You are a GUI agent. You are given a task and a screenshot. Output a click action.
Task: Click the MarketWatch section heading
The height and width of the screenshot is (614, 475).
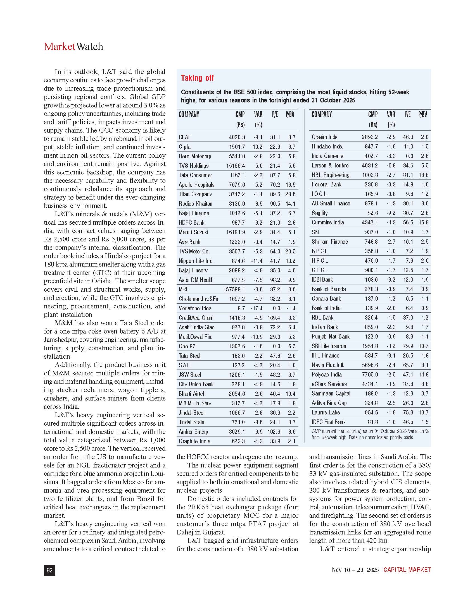pyautogui.click(x=73, y=47)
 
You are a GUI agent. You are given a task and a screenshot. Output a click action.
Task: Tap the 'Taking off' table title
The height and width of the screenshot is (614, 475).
pyautogui.click(x=197, y=78)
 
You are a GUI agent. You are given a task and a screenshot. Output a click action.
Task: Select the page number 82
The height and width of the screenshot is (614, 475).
pyautogui.click(x=49, y=570)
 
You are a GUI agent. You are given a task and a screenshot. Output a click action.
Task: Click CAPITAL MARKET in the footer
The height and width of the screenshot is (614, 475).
pyautogui.click(x=407, y=570)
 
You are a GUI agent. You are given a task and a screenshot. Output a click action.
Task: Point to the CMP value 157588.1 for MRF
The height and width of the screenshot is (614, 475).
pyautogui.click(x=234, y=289)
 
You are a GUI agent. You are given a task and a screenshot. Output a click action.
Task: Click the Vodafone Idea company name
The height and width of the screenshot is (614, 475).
pyautogui.click(x=195, y=308)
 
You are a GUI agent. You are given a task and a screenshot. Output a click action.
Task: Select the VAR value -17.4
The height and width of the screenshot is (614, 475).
pyautogui.click(x=256, y=308)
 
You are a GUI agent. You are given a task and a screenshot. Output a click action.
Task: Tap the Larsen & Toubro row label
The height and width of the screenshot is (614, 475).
pyautogui.click(x=330, y=166)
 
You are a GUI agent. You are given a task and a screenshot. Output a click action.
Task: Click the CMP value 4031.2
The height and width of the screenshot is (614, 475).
pyautogui.click(x=370, y=166)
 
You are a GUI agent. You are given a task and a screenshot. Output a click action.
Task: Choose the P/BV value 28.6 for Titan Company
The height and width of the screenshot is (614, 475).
pyautogui.click(x=290, y=194)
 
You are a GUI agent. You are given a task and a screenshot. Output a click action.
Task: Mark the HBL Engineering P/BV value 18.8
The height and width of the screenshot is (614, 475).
pyautogui.click(x=424, y=175)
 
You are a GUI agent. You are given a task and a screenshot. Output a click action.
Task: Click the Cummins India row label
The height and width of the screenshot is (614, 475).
pyautogui.click(x=327, y=222)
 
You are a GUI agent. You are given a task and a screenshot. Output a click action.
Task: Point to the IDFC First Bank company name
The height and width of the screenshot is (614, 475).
pyautogui.click(x=328, y=422)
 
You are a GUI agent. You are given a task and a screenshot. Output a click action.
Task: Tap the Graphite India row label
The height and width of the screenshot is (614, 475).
pyautogui.click(x=194, y=442)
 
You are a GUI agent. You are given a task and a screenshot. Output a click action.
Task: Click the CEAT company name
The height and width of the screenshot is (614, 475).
pyautogui.click(x=184, y=137)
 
